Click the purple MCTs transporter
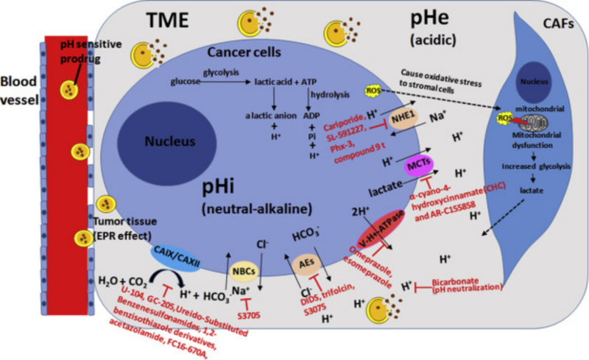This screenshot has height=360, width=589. pos(418,166)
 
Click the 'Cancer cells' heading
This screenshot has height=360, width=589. pos(242,52)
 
